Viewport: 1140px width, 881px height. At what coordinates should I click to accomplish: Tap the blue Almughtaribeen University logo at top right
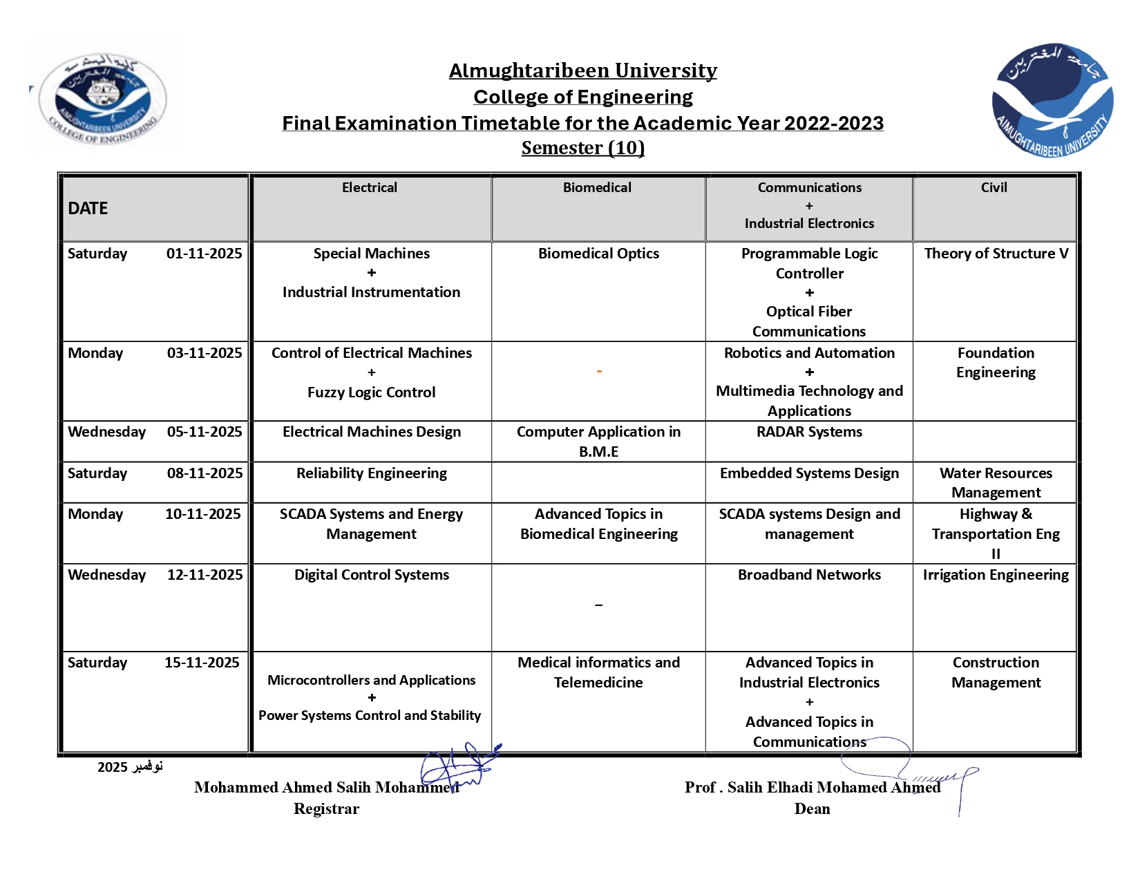(1052, 100)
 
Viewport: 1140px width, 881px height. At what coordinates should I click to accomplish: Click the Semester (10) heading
(582, 148)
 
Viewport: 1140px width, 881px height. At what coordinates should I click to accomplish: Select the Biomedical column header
(597, 187)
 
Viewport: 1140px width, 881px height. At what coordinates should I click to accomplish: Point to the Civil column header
(994, 187)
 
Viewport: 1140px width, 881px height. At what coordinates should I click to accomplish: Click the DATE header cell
(88, 209)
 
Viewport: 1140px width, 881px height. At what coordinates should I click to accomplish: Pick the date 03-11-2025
(205, 353)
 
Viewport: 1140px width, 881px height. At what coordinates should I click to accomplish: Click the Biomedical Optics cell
(598, 254)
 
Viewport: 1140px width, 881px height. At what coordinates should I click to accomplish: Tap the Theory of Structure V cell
(996, 254)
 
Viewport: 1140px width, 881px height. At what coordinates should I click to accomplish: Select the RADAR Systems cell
(809, 432)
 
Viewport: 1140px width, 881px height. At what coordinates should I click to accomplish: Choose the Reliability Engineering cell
(372, 473)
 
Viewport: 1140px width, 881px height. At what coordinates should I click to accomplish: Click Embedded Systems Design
(809, 473)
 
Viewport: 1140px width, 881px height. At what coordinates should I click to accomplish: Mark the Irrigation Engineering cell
(996, 575)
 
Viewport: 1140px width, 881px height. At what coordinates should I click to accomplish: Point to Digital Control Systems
(372, 575)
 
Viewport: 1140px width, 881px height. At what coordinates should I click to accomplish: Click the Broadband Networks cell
(809, 575)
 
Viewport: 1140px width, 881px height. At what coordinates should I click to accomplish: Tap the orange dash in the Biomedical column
(599, 372)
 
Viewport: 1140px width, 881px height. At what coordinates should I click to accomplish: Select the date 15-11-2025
(202, 663)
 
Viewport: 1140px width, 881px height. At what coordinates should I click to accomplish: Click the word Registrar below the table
(326, 808)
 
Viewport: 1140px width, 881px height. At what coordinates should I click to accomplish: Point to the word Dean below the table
(812, 808)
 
